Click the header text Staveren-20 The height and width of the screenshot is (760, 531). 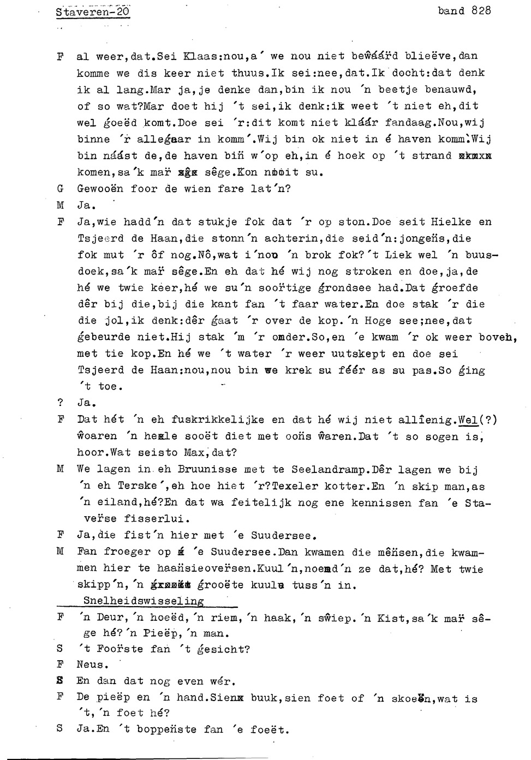pyautogui.click(x=92, y=11)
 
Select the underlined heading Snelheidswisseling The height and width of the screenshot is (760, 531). pyautogui.click(x=144, y=601)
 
